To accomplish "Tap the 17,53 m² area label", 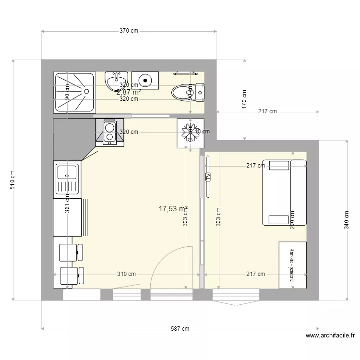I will pos(173,209).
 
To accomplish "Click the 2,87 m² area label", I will pos(129,92).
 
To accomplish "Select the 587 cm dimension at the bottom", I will pos(180,329).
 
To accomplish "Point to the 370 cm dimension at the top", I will pos(129,31).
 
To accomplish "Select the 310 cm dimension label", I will pos(127,274).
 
